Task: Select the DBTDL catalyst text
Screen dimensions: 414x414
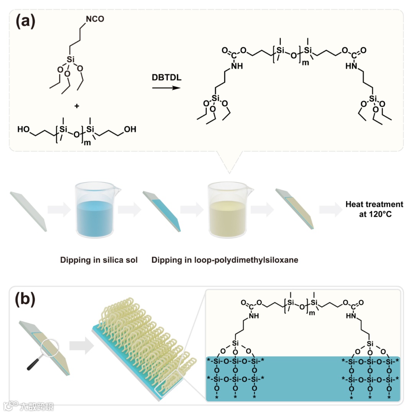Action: click(x=166, y=78)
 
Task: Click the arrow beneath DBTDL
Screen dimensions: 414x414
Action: click(x=166, y=88)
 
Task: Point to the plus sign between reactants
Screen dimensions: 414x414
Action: click(x=77, y=106)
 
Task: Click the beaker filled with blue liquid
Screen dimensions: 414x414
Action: click(x=94, y=210)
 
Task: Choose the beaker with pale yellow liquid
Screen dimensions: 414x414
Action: click(x=227, y=210)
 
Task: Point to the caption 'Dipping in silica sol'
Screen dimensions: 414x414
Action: click(x=99, y=260)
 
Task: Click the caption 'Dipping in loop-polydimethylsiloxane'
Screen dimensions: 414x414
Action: click(x=225, y=260)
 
